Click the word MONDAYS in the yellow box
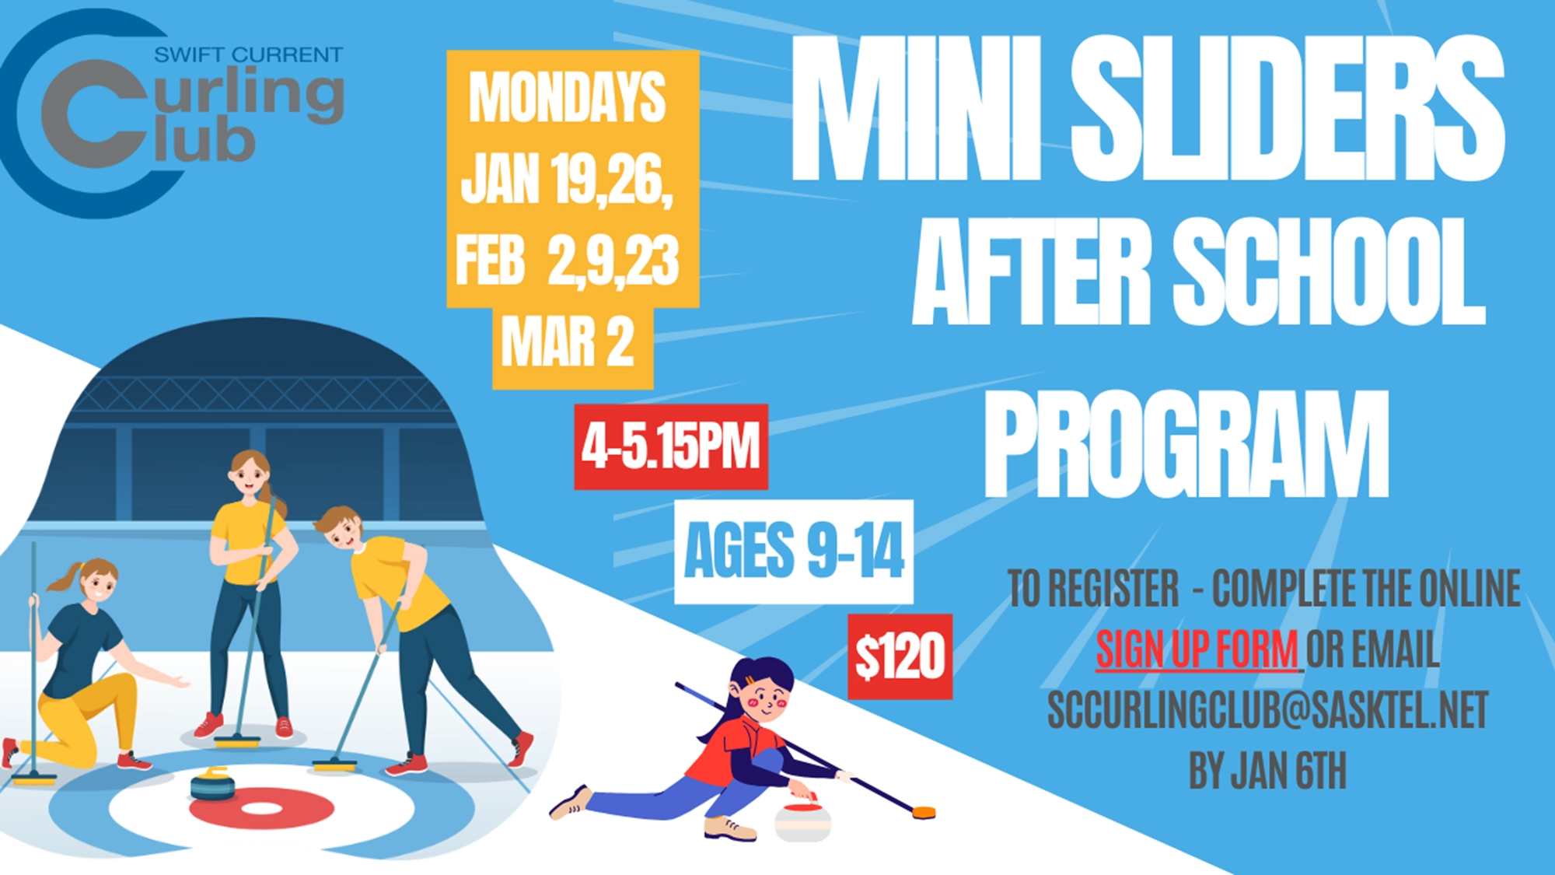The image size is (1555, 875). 568,96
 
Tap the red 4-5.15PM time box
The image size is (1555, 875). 671,446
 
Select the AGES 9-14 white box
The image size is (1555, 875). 793,551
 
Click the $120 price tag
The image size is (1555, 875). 900,656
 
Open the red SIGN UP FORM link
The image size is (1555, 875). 1197,649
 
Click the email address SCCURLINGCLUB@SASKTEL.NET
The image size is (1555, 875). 1267,709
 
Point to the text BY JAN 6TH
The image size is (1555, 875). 1267,770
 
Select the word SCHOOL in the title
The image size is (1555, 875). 1329,271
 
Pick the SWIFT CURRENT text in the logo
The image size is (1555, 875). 248,55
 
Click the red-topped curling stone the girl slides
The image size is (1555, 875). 803,821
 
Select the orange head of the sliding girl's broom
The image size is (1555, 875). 924,813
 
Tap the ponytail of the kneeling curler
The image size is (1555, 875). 62,576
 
